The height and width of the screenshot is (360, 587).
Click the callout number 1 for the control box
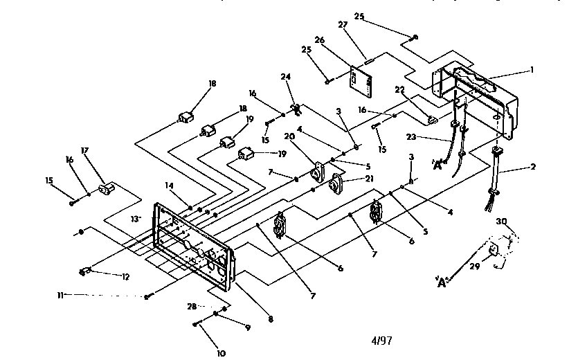(532, 70)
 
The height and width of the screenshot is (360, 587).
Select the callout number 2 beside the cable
(533, 167)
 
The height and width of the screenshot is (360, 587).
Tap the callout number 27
(343, 25)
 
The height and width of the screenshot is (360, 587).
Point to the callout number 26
(319, 39)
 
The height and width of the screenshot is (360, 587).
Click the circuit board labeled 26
(361, 82)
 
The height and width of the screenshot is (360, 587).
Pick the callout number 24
(286, 77)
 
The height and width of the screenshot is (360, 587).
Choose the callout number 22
(400, 90)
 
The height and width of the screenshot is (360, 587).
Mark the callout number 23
(411, 137)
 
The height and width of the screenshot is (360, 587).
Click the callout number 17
(84, 150)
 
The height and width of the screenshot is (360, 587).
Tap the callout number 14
(169, 186)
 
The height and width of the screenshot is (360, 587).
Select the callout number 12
(125, 277)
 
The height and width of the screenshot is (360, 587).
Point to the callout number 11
(60, 296)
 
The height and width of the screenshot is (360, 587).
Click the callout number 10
(221, 353)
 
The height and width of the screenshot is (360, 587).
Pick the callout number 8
(271, 319)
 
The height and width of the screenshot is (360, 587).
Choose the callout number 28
(192, 307)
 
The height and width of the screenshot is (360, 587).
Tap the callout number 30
(501, 222)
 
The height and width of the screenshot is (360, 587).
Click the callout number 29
(475, 267)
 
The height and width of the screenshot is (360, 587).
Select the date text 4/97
(381, 341)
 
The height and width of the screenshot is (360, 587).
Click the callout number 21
(370, 179)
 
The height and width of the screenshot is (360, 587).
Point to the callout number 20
(289, 136)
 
